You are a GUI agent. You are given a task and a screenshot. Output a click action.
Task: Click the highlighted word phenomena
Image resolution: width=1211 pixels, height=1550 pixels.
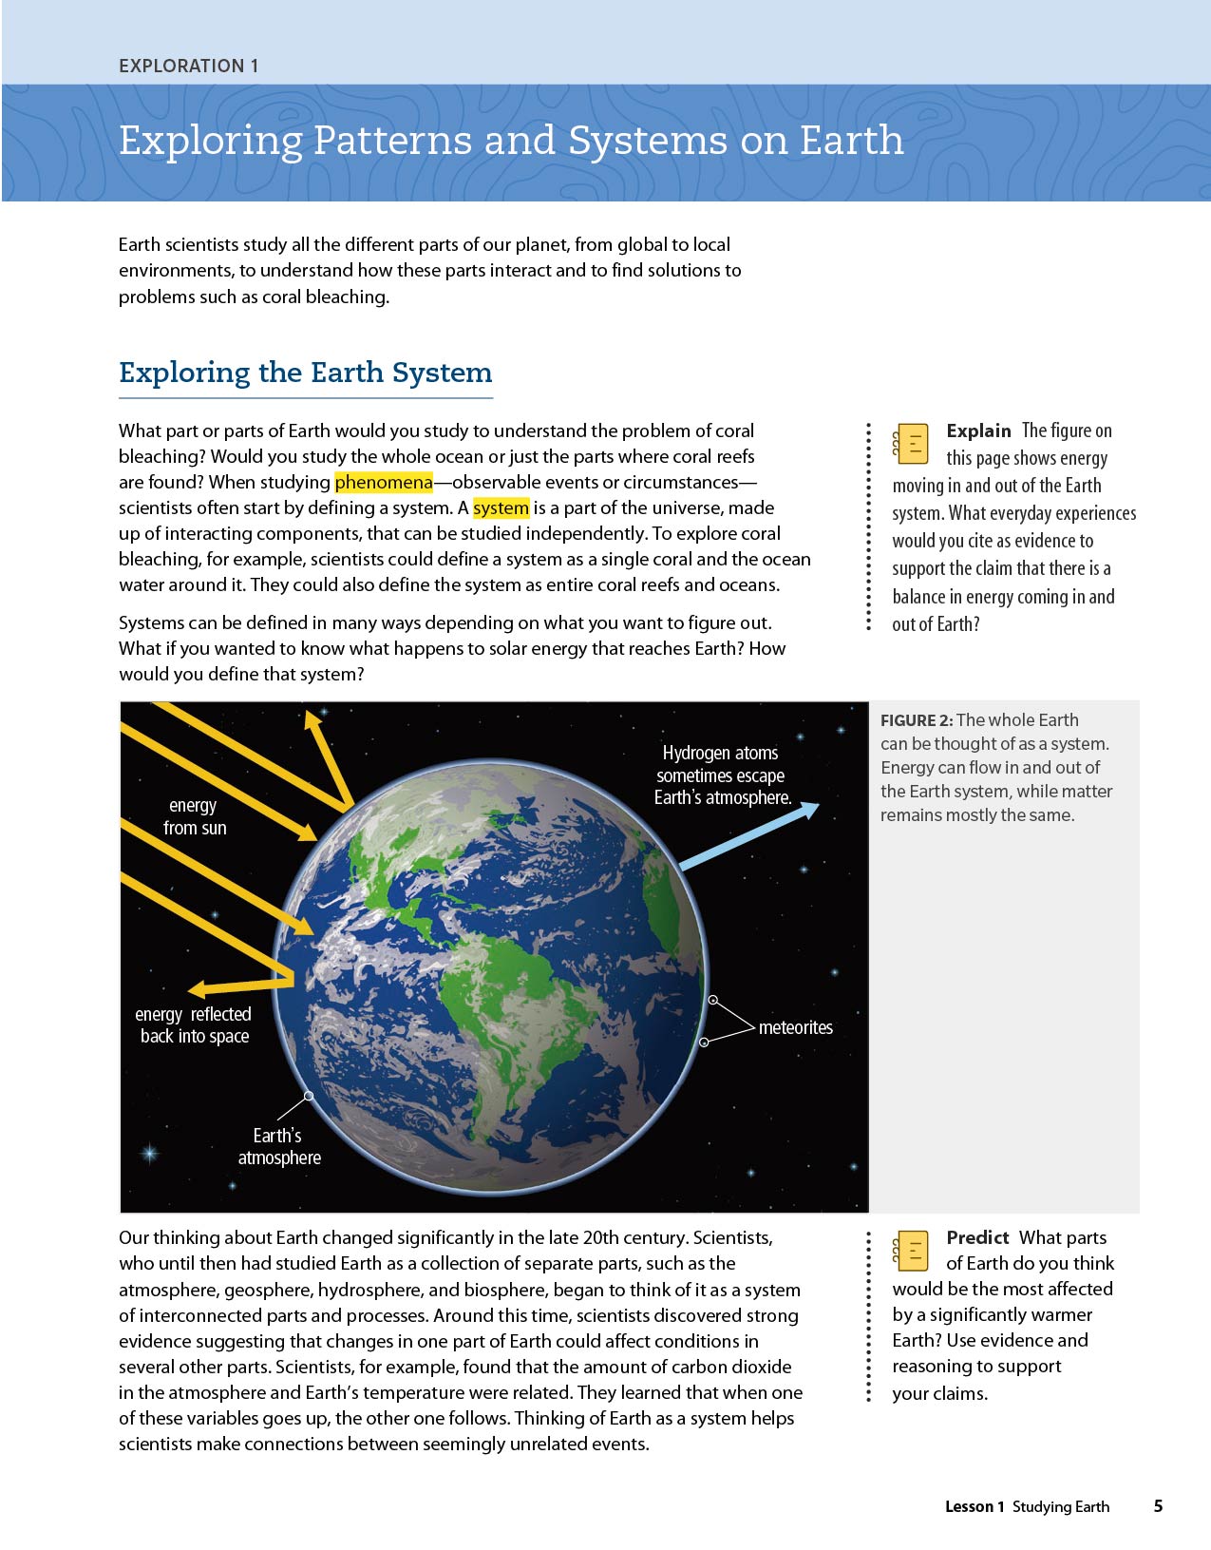tap(383, 482)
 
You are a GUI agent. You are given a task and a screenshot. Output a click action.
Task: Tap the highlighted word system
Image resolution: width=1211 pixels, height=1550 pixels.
tap(501, 507)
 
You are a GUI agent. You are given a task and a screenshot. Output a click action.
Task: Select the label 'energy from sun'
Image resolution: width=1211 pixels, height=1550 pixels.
tap(194, 816)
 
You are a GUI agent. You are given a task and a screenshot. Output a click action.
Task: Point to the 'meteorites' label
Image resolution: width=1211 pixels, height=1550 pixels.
tap(795, 1027)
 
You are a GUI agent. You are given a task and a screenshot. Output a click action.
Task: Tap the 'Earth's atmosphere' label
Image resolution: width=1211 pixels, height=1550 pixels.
tap(278, 1146)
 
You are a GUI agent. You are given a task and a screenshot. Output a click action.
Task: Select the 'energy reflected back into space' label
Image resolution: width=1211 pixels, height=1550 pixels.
tap(194, 1025)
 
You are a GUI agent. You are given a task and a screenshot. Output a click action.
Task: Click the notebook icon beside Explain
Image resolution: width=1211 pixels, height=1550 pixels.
tap(911, 444)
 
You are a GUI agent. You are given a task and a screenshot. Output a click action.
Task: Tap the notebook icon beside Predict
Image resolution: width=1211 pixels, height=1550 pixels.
tap(911, 1251)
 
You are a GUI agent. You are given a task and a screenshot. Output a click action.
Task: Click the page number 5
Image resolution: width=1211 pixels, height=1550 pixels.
tap(1158, 1505)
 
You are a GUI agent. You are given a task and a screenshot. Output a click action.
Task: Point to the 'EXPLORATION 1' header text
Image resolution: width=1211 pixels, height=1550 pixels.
tap(188, 66)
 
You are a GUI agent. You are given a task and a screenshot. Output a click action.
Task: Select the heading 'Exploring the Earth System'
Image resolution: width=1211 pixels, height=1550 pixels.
tap(305, 372)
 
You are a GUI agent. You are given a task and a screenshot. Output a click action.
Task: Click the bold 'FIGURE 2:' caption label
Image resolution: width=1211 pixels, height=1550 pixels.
tap(916, 720)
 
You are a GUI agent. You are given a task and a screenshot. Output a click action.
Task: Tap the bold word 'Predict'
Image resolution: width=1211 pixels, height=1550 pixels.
tap(977, 1237)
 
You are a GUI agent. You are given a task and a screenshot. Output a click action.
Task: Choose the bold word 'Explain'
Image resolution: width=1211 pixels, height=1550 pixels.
tap(978, 431)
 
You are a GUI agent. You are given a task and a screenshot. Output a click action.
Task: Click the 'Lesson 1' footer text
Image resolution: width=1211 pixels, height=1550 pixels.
tap(974, 1506)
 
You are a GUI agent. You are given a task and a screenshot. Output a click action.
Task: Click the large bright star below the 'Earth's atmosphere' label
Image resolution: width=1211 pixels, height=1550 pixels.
tap(149, 1154)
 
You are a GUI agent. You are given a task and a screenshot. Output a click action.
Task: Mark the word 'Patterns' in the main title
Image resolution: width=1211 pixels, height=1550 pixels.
tap(391, 141)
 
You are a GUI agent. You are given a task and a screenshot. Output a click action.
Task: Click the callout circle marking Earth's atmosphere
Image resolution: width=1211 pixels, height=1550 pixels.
tap(309, 1096)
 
